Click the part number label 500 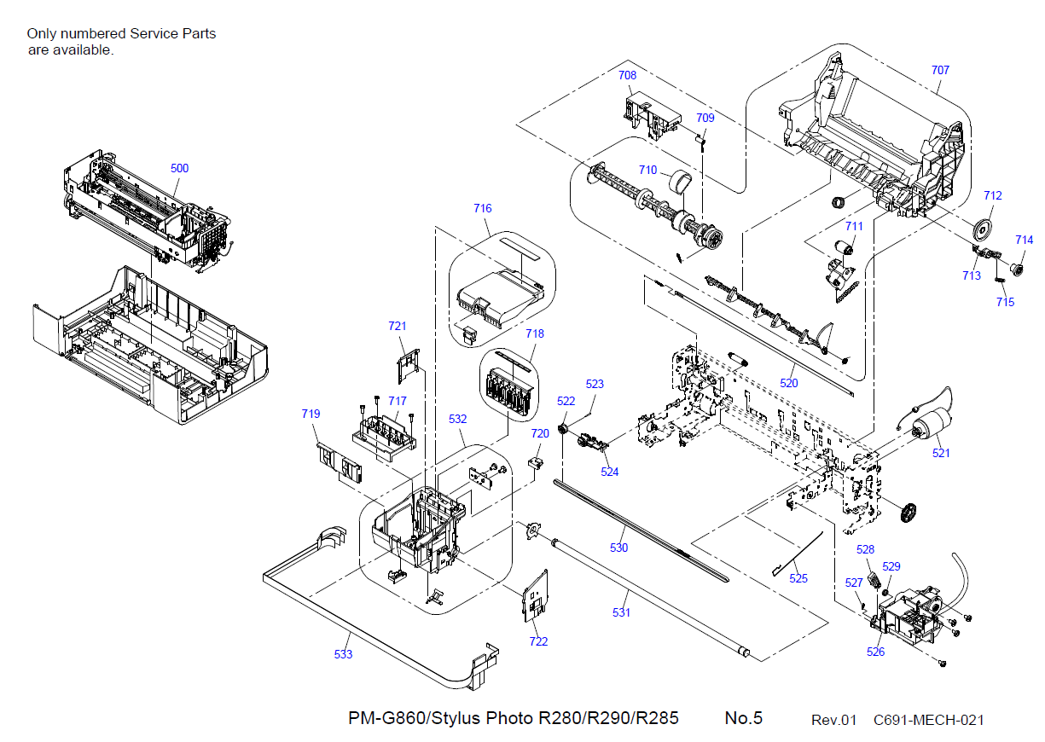click(179, 168)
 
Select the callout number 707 click(940, 70)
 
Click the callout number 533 click(343, 654)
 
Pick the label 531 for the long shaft click(622, 612)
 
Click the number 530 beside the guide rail click(618, 548)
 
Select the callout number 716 click(483, 208)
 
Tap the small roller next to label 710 click(679, 182)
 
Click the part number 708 click(627, 75)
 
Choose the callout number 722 click(538, 641)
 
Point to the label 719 click(311, 414)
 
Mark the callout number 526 click(875, 652)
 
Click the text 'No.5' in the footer click(743, 718)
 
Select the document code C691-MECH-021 click(928, 720)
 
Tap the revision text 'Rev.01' click(833, 720)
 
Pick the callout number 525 click(798, 578)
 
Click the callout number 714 click(1024, 240)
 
